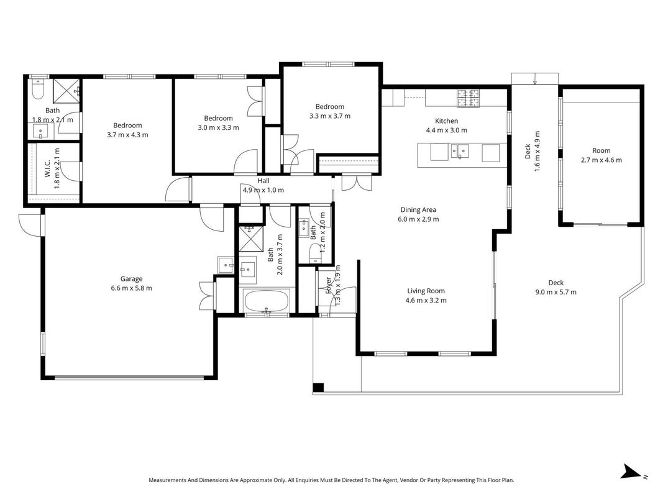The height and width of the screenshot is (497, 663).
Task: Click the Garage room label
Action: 131,279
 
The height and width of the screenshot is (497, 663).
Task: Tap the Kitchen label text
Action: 447,121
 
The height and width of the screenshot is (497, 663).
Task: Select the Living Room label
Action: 426,291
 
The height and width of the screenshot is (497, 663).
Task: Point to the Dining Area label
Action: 418,209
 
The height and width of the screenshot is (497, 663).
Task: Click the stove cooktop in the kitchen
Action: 468,99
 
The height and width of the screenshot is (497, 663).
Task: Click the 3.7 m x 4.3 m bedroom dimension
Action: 128,135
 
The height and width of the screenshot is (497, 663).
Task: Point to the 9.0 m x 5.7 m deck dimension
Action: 556,292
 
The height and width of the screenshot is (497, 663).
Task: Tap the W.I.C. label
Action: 47,168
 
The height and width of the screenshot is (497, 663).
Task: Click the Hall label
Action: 263,181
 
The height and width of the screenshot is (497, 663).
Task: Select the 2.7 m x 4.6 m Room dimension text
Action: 601,160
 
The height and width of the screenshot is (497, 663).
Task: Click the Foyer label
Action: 329,285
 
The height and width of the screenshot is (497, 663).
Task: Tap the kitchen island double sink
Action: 460,151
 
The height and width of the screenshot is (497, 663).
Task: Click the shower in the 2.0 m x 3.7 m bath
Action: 251,239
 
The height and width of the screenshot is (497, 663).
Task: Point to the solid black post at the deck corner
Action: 318,388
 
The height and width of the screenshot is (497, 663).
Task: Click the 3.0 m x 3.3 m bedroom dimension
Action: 219,127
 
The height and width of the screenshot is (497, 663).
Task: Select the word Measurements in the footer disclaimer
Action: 167,480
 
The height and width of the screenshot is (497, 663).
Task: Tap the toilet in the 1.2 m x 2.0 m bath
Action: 314,253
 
